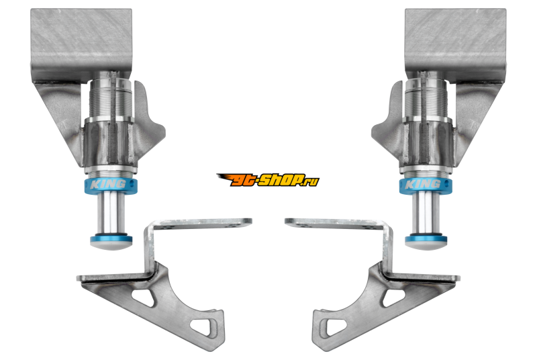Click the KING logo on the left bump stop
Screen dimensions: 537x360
click(107, 185)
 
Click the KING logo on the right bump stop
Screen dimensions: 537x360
click(423, 185)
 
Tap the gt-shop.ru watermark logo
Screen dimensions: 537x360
click(268, 180)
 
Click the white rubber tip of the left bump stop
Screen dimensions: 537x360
click(111, 244)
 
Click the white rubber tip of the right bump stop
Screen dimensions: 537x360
click(426, 244)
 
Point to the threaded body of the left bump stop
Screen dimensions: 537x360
click(110, 99)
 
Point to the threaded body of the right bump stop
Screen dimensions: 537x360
click(426, 99)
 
